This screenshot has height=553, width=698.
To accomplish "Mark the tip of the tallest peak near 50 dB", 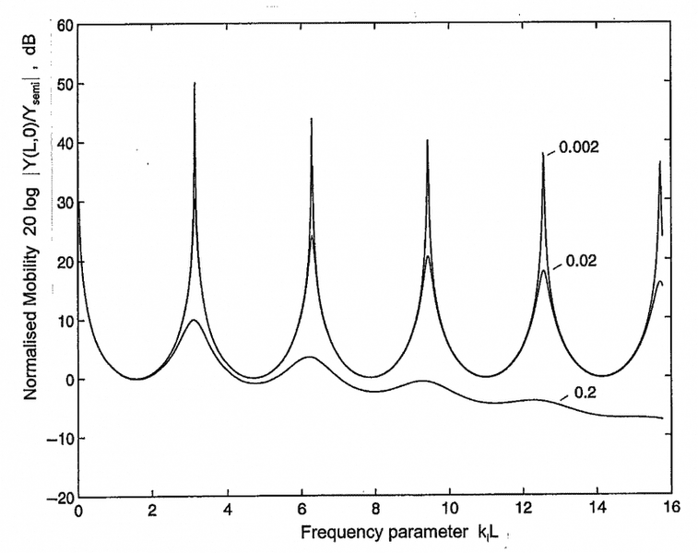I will [195, 83].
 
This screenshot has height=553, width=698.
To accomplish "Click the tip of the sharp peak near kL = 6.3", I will [311, 119].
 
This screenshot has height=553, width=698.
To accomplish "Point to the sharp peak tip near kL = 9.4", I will [427, 140].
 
